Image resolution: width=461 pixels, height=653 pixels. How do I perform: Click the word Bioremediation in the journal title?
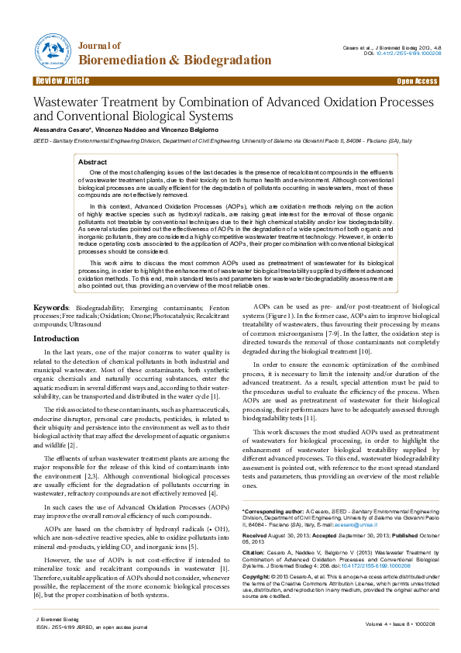pyautogui.click(x=129, y=60)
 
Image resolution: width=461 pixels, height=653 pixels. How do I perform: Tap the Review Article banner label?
pyautogui.click(x=62, y=81)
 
